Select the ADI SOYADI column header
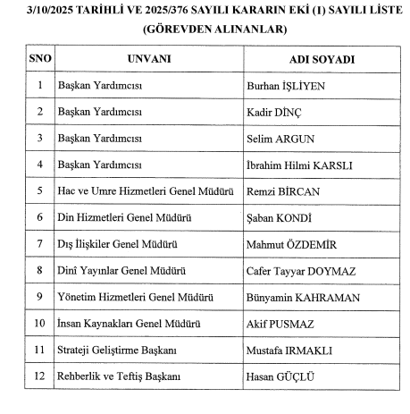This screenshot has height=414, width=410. coord(322,59)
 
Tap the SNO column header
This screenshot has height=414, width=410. coord(40,59)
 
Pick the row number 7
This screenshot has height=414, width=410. coord(40,243)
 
